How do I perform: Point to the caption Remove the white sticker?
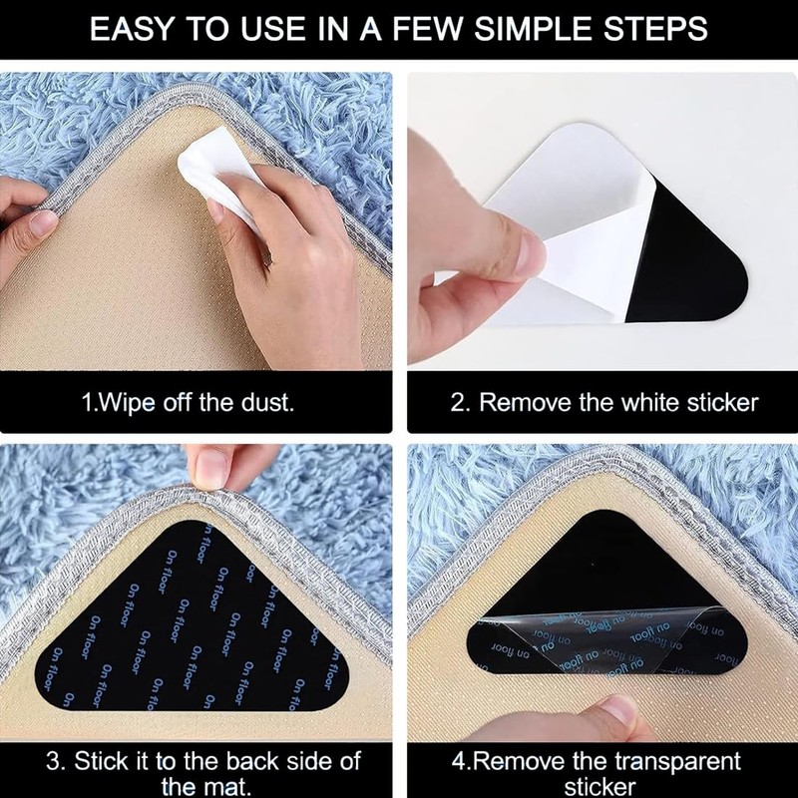click(x=618, y=403)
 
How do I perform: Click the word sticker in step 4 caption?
click(x=598, y=787)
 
